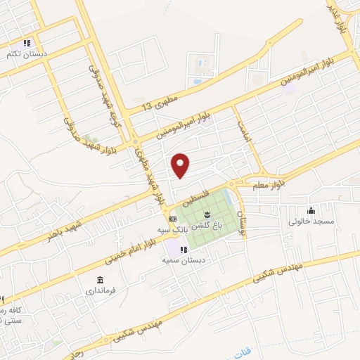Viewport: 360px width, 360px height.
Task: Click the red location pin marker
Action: click(181, 166)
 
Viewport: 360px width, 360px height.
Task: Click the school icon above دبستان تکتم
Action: click(27, 42)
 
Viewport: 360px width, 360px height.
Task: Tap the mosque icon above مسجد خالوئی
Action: click(311, 210)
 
